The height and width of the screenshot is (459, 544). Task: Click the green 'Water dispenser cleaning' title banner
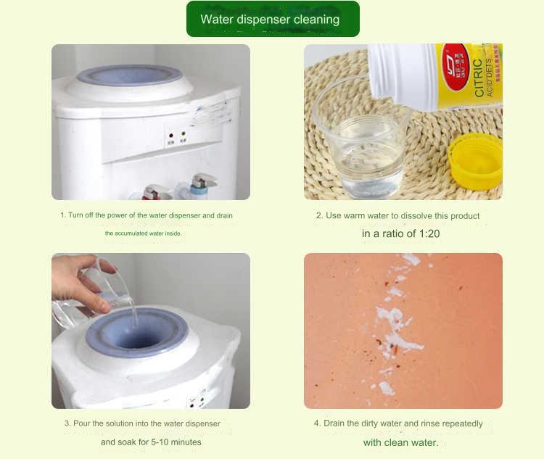(272, 20)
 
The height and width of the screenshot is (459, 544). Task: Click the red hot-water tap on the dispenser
(155, 192)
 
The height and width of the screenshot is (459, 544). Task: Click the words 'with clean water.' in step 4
(400, 442)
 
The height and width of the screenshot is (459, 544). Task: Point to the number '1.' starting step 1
(62, 215)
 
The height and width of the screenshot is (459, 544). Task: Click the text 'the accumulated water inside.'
(143, 233)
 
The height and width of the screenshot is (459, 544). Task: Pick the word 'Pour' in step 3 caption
(81, 423)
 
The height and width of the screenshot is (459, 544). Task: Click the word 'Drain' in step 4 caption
(334, 423)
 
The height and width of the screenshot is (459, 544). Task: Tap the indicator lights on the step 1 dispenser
(177, 135)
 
